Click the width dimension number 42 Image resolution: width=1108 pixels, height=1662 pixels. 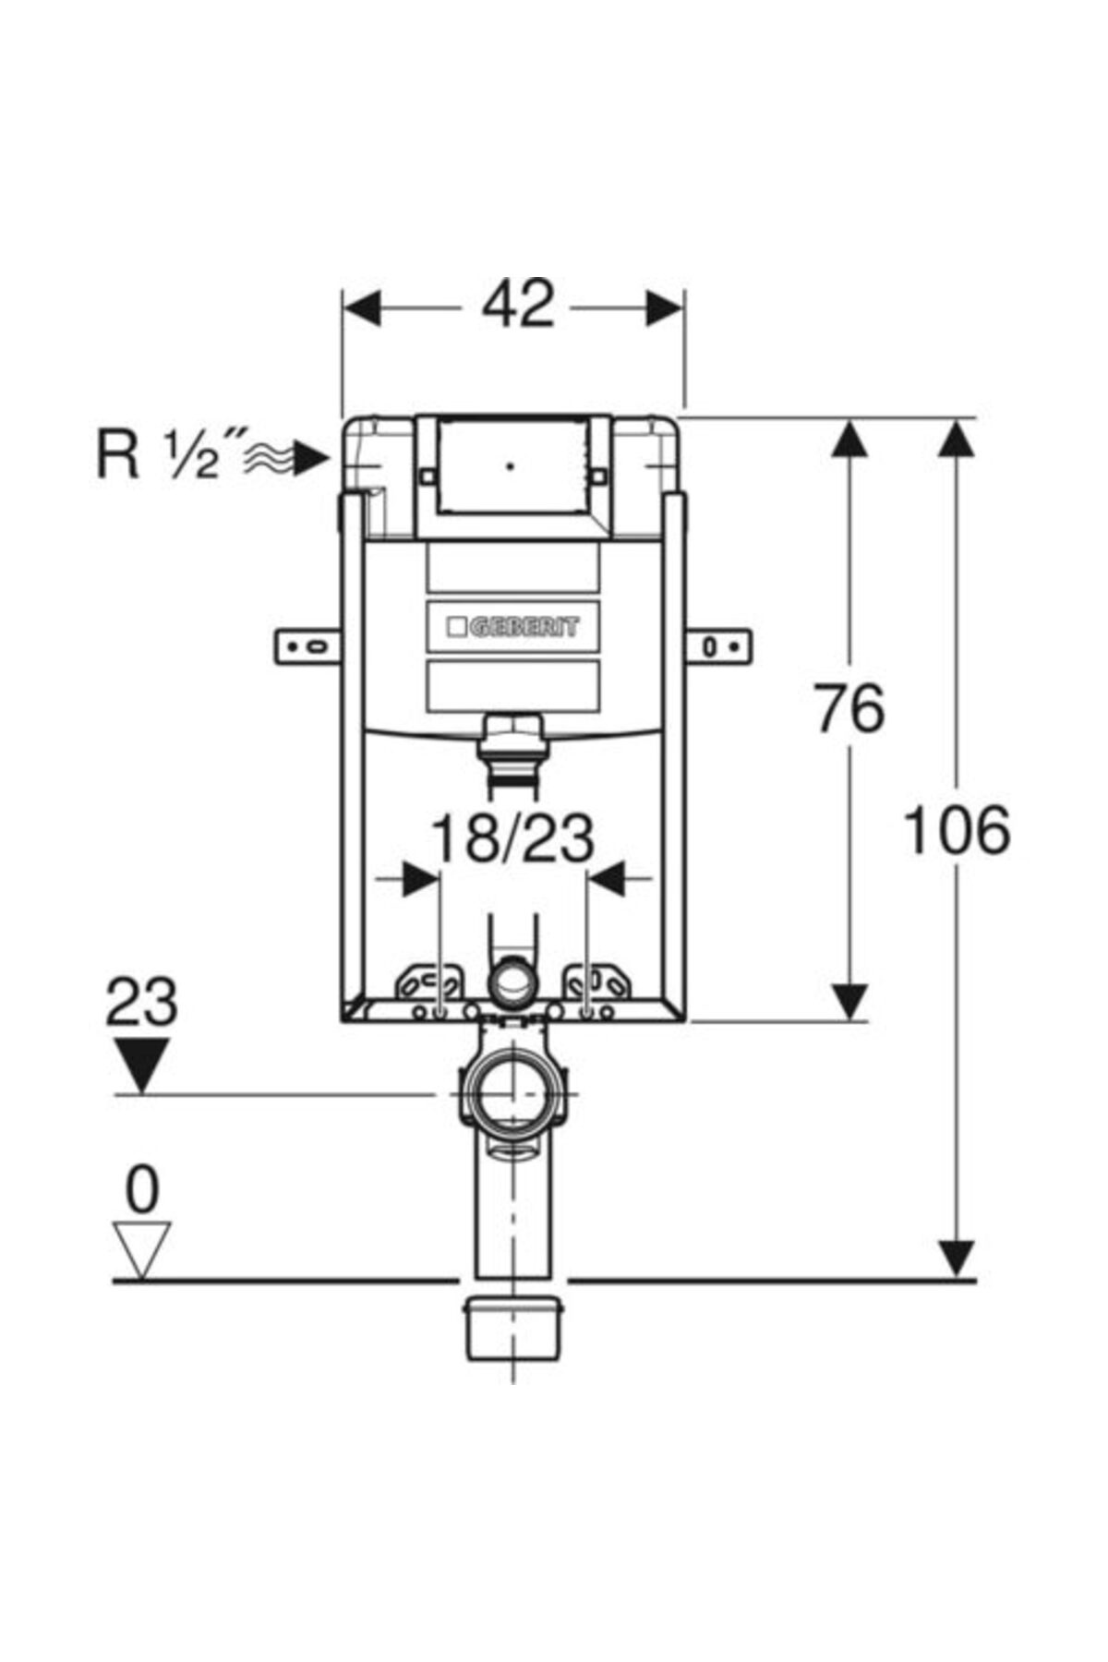[x=518, y=304]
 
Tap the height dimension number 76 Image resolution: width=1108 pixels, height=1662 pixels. [x=849, y=708]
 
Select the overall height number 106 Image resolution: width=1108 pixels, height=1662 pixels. [x=956, y=829]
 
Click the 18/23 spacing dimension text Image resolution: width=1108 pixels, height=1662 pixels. [x=512, y=839]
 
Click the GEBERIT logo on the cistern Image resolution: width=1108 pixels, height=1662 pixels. [x=513, y=628]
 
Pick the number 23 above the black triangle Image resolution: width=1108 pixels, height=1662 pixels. [x=141, y=1002]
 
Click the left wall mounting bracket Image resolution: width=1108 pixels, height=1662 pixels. [x=307, y=646]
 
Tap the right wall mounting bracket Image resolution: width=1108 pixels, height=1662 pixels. [x=719, y=646]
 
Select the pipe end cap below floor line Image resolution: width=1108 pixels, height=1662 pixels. [x=513, y=1328]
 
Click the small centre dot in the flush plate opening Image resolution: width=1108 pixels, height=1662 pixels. [x=511, y=466]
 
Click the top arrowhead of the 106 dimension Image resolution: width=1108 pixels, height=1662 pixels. [x=957, y=439]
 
